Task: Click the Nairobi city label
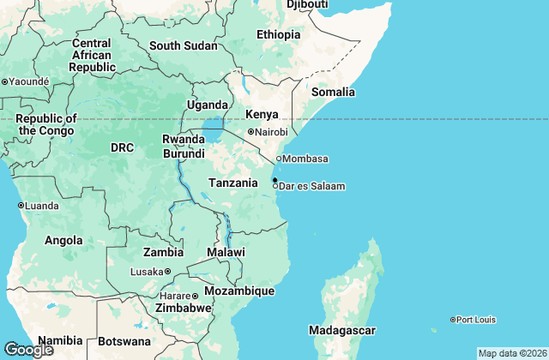click(x=272, y=132)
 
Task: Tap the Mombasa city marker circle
click(x=279, y=159)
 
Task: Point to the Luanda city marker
click(x=21, y=206)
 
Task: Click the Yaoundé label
click(x=30, y=81)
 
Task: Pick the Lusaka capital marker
click(x=167, y=272)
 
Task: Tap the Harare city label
click(x=174, y=296)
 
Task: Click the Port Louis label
click(x=476, y=320)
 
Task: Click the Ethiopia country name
click(x=279, y=35)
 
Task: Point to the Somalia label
click(x=333, y=92)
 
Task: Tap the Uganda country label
click(x=207, y=105)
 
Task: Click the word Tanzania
click(x=233, y=183)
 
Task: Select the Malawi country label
click(x=226, y=252)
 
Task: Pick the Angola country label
click(x=64, y=241)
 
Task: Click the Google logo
click(x=28, y=349)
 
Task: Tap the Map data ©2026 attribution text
click(x=511, y=353)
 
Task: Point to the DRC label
click(x=122, y=147)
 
